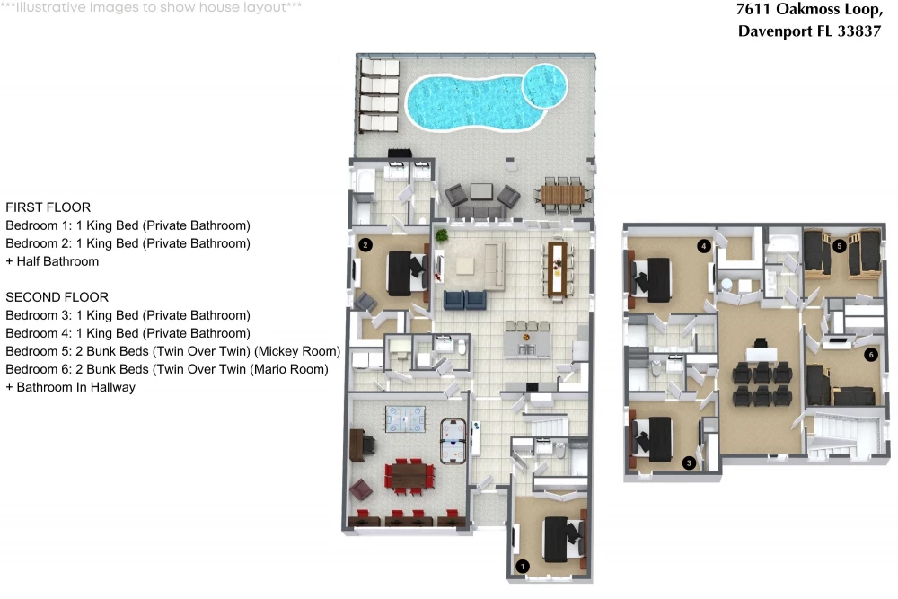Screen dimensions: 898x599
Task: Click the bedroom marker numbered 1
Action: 523,567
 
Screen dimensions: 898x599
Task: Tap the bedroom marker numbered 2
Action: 365,245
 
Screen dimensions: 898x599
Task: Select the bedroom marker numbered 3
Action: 689,462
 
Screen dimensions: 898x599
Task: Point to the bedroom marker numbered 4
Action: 704,246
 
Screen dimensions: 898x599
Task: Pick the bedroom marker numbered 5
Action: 839,246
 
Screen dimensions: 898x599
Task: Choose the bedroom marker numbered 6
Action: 870,355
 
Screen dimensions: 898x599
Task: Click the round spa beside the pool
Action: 545,86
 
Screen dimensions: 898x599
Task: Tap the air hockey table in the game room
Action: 453,440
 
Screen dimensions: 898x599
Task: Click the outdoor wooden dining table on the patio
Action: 562,195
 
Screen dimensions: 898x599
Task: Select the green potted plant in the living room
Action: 441,234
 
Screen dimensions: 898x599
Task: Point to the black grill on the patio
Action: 400,154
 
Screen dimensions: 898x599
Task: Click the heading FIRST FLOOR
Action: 48,207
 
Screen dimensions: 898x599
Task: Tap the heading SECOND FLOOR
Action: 57,297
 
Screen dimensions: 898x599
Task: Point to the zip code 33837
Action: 859,31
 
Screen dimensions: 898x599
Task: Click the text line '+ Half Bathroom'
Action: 52,261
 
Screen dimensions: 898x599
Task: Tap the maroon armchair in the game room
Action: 361,489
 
